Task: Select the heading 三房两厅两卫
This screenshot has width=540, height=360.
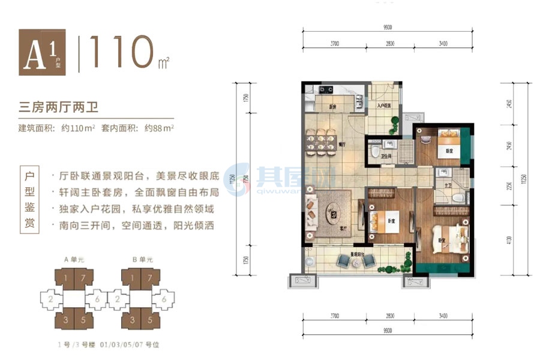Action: pyautogui.click(x=58, y=109)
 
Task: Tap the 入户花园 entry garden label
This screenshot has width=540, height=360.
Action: pyautogui.click(x=384, y=106)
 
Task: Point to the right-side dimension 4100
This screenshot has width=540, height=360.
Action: pyautogui.click(x=509, y=240)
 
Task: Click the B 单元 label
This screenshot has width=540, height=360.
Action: pyautogui.click(x=143, y=260)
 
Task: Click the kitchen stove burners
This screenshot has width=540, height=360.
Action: pyautogui.click(x=326, y=89)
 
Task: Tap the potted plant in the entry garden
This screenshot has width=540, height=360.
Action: pyautogui.click(x=395, y=124)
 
